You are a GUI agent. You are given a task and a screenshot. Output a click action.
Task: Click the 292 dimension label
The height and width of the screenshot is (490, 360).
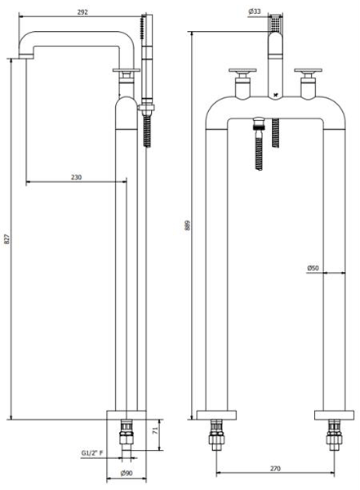coord(82,12)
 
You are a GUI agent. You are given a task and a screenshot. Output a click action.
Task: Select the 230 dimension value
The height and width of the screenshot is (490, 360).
coord(76,177)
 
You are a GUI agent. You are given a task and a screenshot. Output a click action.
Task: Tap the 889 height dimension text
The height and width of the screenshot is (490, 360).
coord(187,225)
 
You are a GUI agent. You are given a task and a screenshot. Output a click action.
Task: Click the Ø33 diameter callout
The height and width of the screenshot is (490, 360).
coord(255,11)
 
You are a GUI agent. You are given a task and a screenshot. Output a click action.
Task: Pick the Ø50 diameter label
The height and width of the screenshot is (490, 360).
coord(313,268)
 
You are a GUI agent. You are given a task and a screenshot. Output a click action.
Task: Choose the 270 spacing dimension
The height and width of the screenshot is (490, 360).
coord(275,469)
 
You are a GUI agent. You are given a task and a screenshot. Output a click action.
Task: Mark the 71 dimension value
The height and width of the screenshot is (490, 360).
coord(155,430)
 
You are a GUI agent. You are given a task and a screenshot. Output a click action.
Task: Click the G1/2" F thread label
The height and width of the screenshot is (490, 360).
coord(92,452)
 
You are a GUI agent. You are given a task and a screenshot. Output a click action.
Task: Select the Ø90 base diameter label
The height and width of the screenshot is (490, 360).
coord(127,473)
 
